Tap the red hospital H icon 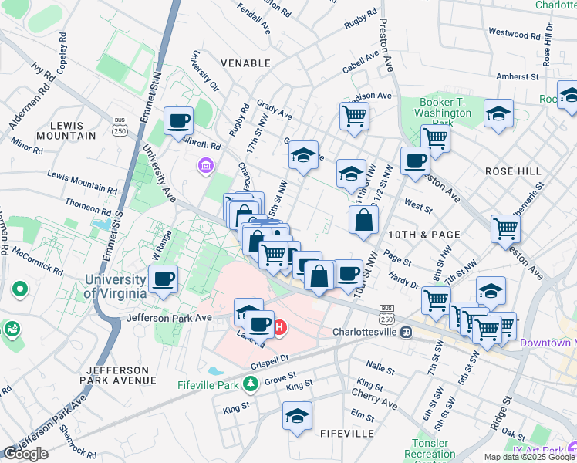pyautogui.click(x=280, y=328)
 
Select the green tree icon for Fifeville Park pyautogui.click(x=250, y=384)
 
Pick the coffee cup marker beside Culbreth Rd pyautogui.click(x=179, y=121)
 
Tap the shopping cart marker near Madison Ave pyautogui.click(x=354, y=116)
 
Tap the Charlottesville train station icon pyautogui.click(x=406, y=332)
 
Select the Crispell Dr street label pyautogui.click(x=268, y=360)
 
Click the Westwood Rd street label pyautogui.click(x=514, y=34)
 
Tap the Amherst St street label pyautogui.click(x=518, y=76)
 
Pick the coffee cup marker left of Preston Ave pyautogui.click(x=415, y=161)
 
